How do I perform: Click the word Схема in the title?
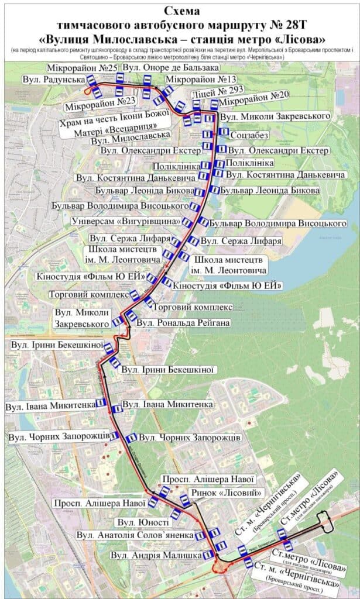[180, 11]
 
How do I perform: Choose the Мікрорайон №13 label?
[201, 80]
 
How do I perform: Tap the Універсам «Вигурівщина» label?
[126, 222]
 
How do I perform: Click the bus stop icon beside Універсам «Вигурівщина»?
[187, 223]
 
